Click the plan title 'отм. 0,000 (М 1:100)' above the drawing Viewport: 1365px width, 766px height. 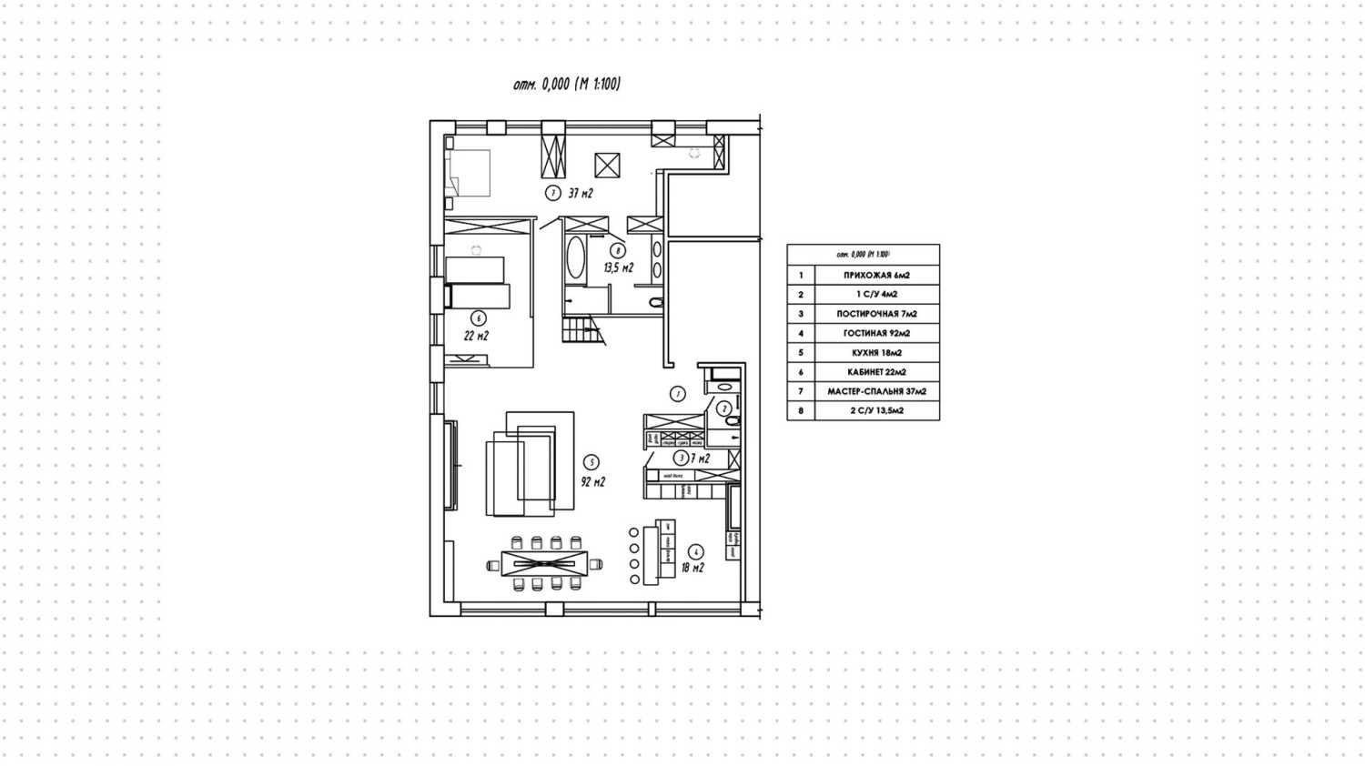coord(567,85)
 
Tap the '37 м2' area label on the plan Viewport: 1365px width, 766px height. coord(581,193)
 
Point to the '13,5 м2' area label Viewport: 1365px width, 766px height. coord(618,267)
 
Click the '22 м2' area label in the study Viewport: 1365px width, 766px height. coord(476,336)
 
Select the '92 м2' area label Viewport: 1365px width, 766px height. coord(592,481)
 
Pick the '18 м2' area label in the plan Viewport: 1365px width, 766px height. coord(693,568)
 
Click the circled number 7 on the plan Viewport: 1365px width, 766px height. coord(552,193)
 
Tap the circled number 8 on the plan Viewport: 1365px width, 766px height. coord(618,251)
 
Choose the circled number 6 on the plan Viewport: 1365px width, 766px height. coord(479,318)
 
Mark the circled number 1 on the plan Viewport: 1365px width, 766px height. coord(677,394)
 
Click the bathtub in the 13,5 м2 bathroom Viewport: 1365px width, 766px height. coord(575,258)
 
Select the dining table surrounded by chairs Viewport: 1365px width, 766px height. coord(545,564)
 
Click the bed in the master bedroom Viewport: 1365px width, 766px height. coord(469,173)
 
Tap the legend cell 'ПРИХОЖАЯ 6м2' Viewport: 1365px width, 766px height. coord(876,275)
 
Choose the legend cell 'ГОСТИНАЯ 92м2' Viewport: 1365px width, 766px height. coord(876,333)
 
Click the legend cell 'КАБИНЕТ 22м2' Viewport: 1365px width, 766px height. coord(876,372)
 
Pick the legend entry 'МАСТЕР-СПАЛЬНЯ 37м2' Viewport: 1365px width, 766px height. coord(876,391)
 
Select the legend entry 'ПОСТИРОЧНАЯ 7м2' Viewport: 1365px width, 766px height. coord(876,314)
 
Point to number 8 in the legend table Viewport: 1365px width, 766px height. coord(801,410)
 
